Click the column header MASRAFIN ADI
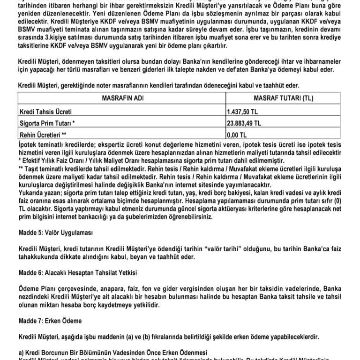pyautogui.click(x=121, y=98)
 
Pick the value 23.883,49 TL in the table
pyautogui.click(x=247, y=124)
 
